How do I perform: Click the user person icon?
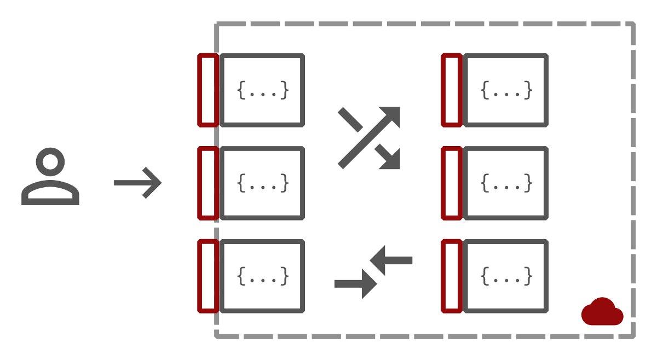[x=50, y=178]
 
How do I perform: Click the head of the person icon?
[x=50, y=162]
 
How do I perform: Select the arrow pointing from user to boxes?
[x=137, y=183]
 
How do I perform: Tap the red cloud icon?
[x=602, y=312]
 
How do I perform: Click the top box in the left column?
[x=262, y=90]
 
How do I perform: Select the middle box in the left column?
[x=262, y=183]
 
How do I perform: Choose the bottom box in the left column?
[x=262, y=276]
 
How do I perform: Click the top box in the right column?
[x=506, y=90]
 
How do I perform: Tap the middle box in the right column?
[x=506, y=183]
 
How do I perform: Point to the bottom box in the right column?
[x=506, y=276]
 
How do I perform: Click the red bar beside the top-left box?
[x=208, y=90]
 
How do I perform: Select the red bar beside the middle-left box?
[x=208, y=183]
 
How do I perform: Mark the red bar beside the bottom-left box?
[x=208, y=276]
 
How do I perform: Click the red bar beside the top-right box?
[x=452, y=90]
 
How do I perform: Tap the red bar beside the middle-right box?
[x=452, y=183]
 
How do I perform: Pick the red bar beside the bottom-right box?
[x=452, y=276]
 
